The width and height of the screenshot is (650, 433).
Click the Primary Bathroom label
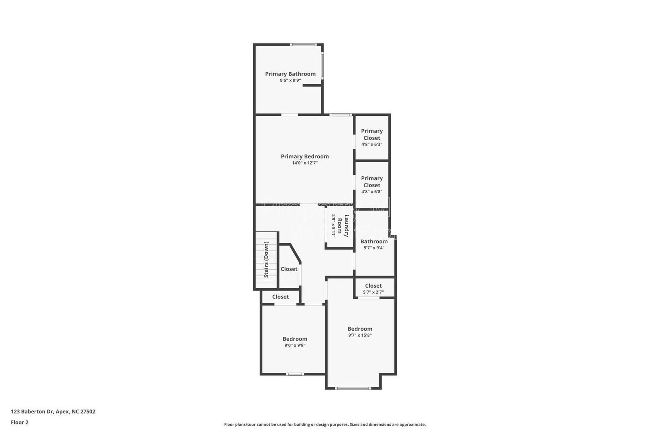click(x=290, y=74)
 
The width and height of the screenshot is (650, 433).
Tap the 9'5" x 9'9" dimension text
click(x=290, y=80)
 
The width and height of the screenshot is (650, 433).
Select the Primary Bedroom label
click(x=305, y=156)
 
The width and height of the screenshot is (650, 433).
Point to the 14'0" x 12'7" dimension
click(x=305, y=163)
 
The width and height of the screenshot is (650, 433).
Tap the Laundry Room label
click(x=344, y=226)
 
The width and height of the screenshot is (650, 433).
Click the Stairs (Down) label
click(x=266, y=260)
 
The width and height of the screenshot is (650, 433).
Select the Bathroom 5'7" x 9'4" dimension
click(x=374, y=248)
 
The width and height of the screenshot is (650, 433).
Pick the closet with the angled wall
click(x=289, y=269)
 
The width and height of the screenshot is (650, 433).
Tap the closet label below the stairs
click(x=280, y=297)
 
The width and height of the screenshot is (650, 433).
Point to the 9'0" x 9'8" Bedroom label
click(x=295, y=339)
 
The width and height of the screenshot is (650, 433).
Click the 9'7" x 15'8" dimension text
click(x=360, y=336)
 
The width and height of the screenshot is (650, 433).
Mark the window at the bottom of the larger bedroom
click(x=353, y=388)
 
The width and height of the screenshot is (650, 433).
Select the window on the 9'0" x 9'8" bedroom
click(x=295, y=374)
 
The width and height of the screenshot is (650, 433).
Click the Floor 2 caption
click(x=19, y=422)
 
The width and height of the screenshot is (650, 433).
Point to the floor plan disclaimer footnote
click(x=325, y=424)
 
